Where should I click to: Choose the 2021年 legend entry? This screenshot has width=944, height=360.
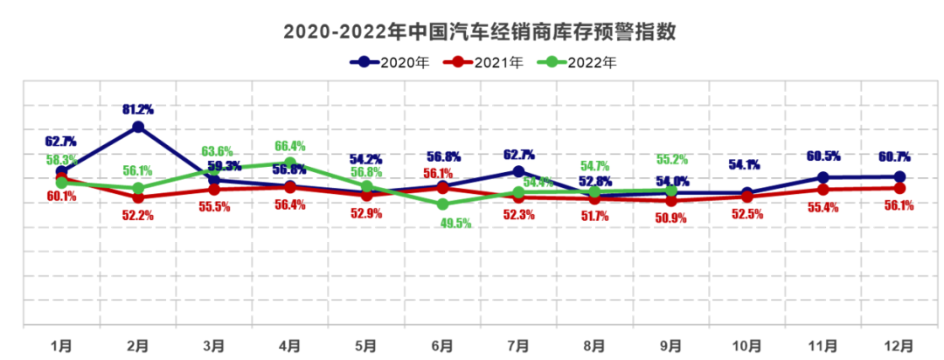(482, 62)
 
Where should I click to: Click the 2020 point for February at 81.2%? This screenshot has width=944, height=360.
(138, 127)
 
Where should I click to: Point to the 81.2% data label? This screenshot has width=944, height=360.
(138, 109)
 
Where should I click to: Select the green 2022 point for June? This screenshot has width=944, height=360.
(442, 204)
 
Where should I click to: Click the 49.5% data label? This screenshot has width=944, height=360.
(456, 223)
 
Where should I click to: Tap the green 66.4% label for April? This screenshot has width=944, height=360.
(290, 146)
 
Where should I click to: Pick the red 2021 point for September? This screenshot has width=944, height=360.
(671, 201)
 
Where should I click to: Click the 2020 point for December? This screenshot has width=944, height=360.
(899, 177)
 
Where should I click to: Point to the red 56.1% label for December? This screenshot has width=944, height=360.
(899, 206)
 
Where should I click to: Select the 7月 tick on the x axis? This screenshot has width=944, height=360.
(518, 346)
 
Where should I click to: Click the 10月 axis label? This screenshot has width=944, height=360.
(746, 346)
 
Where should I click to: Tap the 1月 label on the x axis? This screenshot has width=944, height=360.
(62, 346)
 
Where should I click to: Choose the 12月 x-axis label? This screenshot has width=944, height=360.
(899, 346)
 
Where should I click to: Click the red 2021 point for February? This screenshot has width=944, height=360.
(138, 197)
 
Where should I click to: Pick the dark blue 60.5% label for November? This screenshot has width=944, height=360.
(823, 156)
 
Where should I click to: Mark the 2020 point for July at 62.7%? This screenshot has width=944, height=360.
(518, 171)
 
